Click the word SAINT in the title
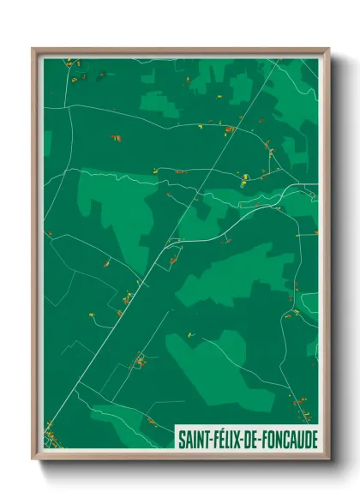click(x=193, y=438)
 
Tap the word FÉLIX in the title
click(x=225, y=438)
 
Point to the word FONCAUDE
click(x=288, y=438)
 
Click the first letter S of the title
click(x=181, y=438)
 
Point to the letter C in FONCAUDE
click(x=283, y=438)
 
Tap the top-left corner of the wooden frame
click(x=33, y=49)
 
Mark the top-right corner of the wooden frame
click(x=328, y=49)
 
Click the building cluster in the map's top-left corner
click(x=72, y=63)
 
